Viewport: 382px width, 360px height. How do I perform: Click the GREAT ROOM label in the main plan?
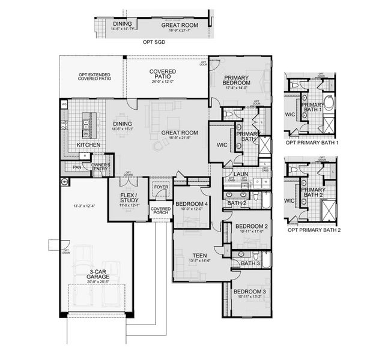tap(180, 133)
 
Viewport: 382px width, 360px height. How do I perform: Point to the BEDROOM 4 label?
tap(192, 205)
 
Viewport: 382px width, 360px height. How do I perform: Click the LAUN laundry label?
tap(241, 175)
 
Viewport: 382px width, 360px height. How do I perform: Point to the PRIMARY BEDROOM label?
tap(239, 82)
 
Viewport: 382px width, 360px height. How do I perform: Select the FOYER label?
tap(161, 187)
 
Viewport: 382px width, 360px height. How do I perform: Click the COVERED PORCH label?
tap(160, 212)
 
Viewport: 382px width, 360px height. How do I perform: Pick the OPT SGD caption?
tap(153, 43)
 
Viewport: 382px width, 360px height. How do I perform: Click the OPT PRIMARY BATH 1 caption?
tap(313, 143)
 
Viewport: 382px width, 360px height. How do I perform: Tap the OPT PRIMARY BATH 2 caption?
tap(314, 230)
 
